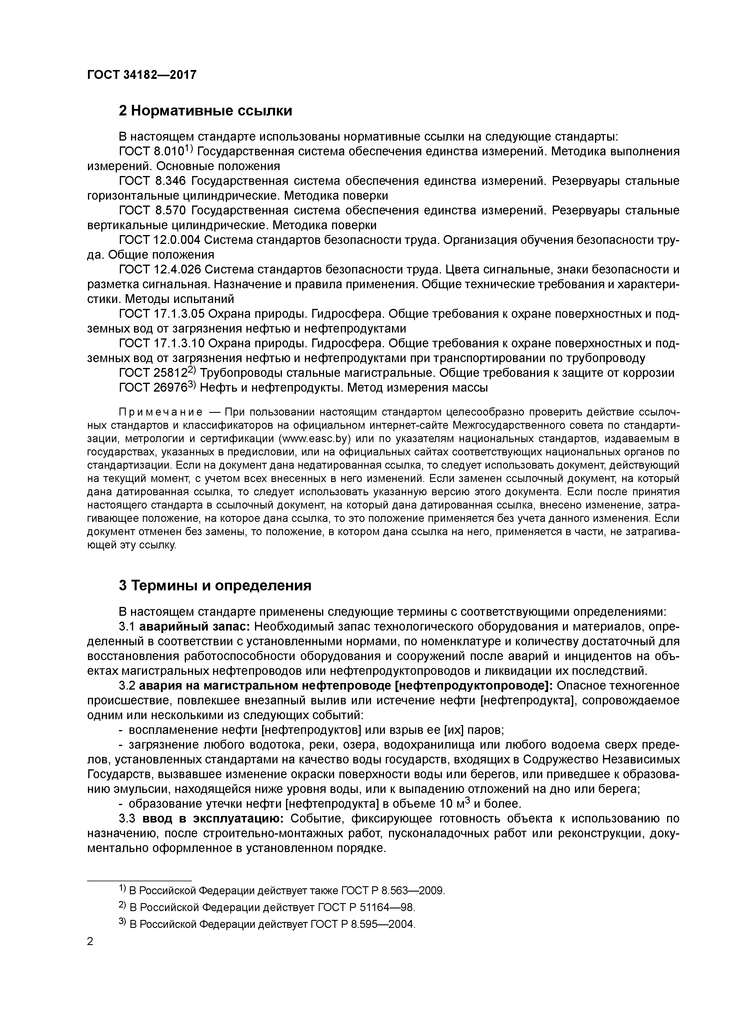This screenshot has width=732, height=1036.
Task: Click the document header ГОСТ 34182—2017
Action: tap(142, 75)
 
